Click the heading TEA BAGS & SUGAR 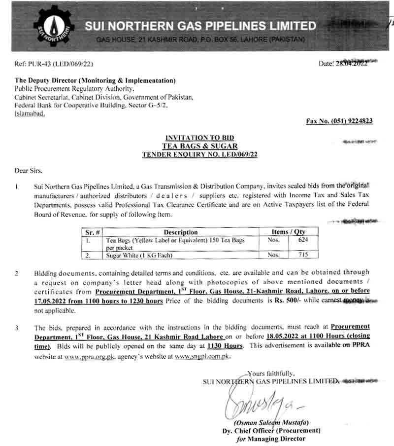(x=199, y=146)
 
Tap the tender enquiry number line (x=199, y=154)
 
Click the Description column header (x=180, y=232)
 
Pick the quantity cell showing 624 (x=303, y=240)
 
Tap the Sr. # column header (x=93, y=232)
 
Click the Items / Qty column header (x=289, y=231)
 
